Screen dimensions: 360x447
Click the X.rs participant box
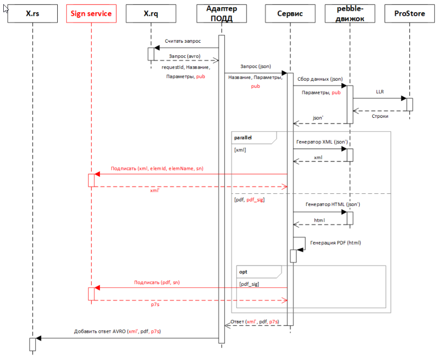point(33,14)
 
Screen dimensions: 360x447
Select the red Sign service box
point(91,14)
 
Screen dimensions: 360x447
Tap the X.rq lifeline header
point(151,14)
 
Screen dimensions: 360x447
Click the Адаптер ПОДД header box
point(222,14)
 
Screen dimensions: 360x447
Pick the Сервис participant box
point(290,14)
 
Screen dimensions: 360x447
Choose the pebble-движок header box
point(350,14)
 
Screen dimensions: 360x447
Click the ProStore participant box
point(409,14)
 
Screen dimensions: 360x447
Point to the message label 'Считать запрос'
point(183,41)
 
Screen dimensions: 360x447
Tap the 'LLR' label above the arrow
point(380,92)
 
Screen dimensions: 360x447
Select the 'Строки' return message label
point(380,115)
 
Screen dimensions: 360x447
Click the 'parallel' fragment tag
point(243,138)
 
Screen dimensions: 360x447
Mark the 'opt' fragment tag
point(243,272)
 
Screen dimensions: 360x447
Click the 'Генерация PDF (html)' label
point(335,243)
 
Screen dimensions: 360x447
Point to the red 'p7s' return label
point(155,305)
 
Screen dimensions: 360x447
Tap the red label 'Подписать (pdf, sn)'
point(156,283)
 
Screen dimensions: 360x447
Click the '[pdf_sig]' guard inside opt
point(249,284)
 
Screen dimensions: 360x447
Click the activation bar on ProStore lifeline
point(409,104)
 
